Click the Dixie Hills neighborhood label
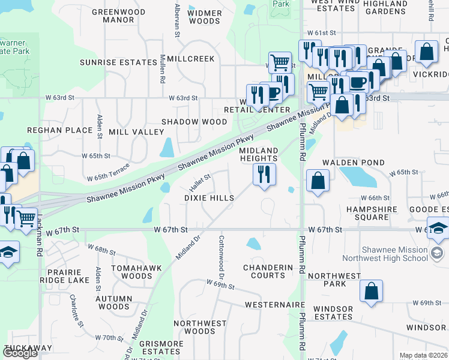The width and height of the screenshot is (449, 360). (x=209, y=197)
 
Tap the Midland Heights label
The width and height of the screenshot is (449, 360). (x=259, y=154)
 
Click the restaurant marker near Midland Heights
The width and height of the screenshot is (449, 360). (x=264, y=175)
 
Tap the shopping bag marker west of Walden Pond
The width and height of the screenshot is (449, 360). (x=318, y=181)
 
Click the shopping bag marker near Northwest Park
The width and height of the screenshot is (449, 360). (x=372, y=292)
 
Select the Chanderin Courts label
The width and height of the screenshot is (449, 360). (x=264, y=271)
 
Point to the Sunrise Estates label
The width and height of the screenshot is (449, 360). (x=118, y=62)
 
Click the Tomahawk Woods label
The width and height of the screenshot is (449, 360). (x=128, y=272)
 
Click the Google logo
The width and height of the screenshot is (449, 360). (x=20, y=353)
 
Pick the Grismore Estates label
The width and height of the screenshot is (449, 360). (x=161, y=348)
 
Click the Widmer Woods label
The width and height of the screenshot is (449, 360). (x=205, y=17)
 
